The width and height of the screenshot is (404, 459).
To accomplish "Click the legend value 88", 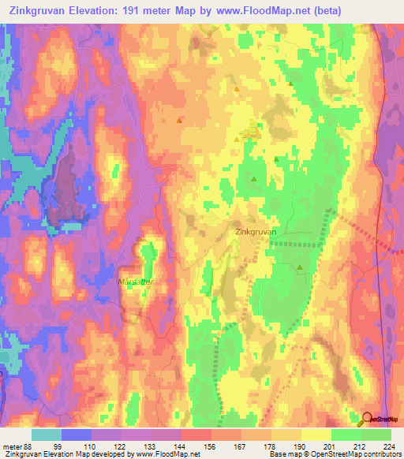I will point(30,446).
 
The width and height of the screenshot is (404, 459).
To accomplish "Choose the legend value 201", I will point(332,446).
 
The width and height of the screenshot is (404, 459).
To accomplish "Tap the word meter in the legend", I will point(11,446).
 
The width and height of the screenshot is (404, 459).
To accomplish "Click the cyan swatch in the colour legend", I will point(47,435).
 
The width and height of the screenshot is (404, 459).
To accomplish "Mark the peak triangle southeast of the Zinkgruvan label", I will point(301,268).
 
